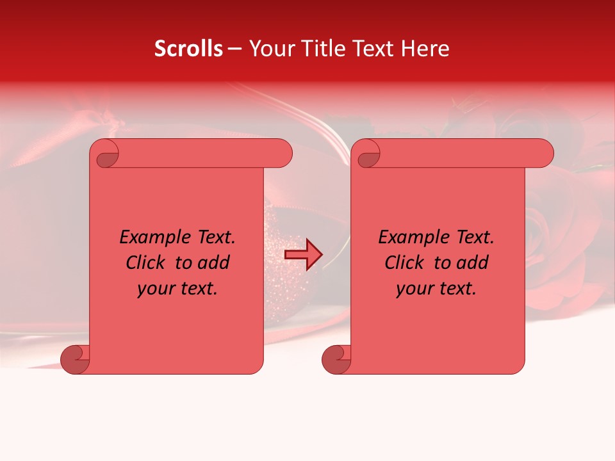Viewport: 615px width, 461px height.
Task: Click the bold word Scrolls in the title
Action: point(188,49)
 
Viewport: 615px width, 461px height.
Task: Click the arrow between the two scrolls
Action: point(303,255)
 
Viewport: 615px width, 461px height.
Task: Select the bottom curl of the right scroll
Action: point(335,359)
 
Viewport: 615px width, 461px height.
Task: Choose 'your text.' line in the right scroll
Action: point(436,289)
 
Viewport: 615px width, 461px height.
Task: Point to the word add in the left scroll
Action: point(214,263)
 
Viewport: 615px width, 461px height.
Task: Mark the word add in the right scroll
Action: point(473,263)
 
